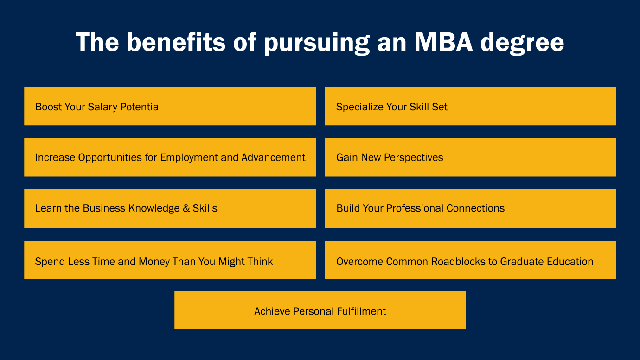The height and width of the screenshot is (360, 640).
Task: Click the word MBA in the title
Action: tap(444, 42)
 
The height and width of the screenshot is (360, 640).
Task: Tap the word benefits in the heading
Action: tap(176, 42)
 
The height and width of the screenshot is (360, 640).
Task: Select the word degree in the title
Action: tap(522, 44)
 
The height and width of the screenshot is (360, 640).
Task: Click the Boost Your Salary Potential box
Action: tap(170, 106)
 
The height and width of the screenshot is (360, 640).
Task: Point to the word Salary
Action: tap(102, 107)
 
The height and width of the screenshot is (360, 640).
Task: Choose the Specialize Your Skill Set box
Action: tap(470, 106)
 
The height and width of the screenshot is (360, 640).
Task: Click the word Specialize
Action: tap(359, 107)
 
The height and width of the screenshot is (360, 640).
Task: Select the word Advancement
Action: tap(273, 157)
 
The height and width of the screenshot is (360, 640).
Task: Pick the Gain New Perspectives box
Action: tap(470, 157)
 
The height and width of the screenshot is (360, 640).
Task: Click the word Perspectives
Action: tap(413, 158)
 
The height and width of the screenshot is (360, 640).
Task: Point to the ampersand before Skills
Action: tap(186, 208)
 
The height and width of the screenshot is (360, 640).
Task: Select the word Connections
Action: tap(475, 208)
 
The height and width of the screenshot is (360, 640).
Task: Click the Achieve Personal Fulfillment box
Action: tap(320, 310)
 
